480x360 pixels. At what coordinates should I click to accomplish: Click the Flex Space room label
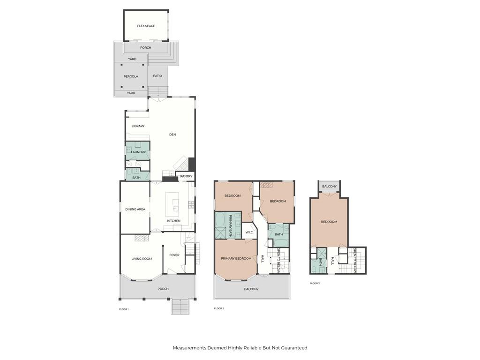tap(146, 26)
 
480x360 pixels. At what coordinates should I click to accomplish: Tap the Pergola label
tap(131, 76)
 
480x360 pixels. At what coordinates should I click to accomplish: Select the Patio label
tap(157, 76)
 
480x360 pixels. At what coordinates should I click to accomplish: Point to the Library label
tap(138, 126)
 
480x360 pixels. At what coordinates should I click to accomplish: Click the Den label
tap(172, 135)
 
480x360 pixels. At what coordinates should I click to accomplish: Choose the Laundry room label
tap(138, 152)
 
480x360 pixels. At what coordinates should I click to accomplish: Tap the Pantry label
tap(186, 176)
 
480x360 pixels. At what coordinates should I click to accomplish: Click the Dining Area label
tap(135, 210)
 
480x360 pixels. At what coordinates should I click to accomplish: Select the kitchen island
tap(172, 204)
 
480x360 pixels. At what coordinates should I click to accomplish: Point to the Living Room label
tap(142, 259)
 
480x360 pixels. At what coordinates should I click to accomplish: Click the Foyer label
tap(174, 255)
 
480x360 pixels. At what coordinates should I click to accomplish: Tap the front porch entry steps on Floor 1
tap(180, 307)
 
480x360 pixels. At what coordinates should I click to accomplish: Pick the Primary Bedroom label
tap(236, 259)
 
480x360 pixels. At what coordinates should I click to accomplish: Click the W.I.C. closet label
tap(249, 232)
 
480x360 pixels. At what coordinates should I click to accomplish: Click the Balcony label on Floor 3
tap(330, 187)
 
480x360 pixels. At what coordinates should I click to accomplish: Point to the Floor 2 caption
tap(219, 308)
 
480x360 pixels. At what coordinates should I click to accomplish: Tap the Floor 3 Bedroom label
tap(329, 222)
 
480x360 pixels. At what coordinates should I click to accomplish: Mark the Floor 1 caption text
tap(124, 309)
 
